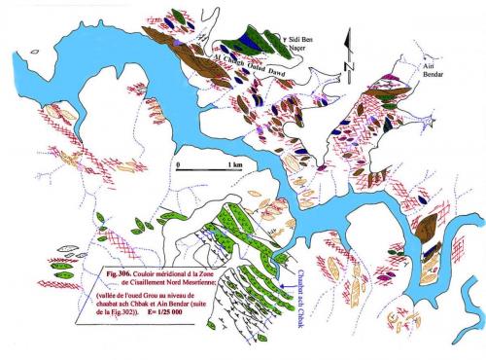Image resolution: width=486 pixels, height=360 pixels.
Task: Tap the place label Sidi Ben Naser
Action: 308,44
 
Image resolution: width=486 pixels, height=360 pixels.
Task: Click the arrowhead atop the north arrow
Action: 347,37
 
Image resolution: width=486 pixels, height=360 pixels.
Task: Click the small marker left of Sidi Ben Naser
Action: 285,40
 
